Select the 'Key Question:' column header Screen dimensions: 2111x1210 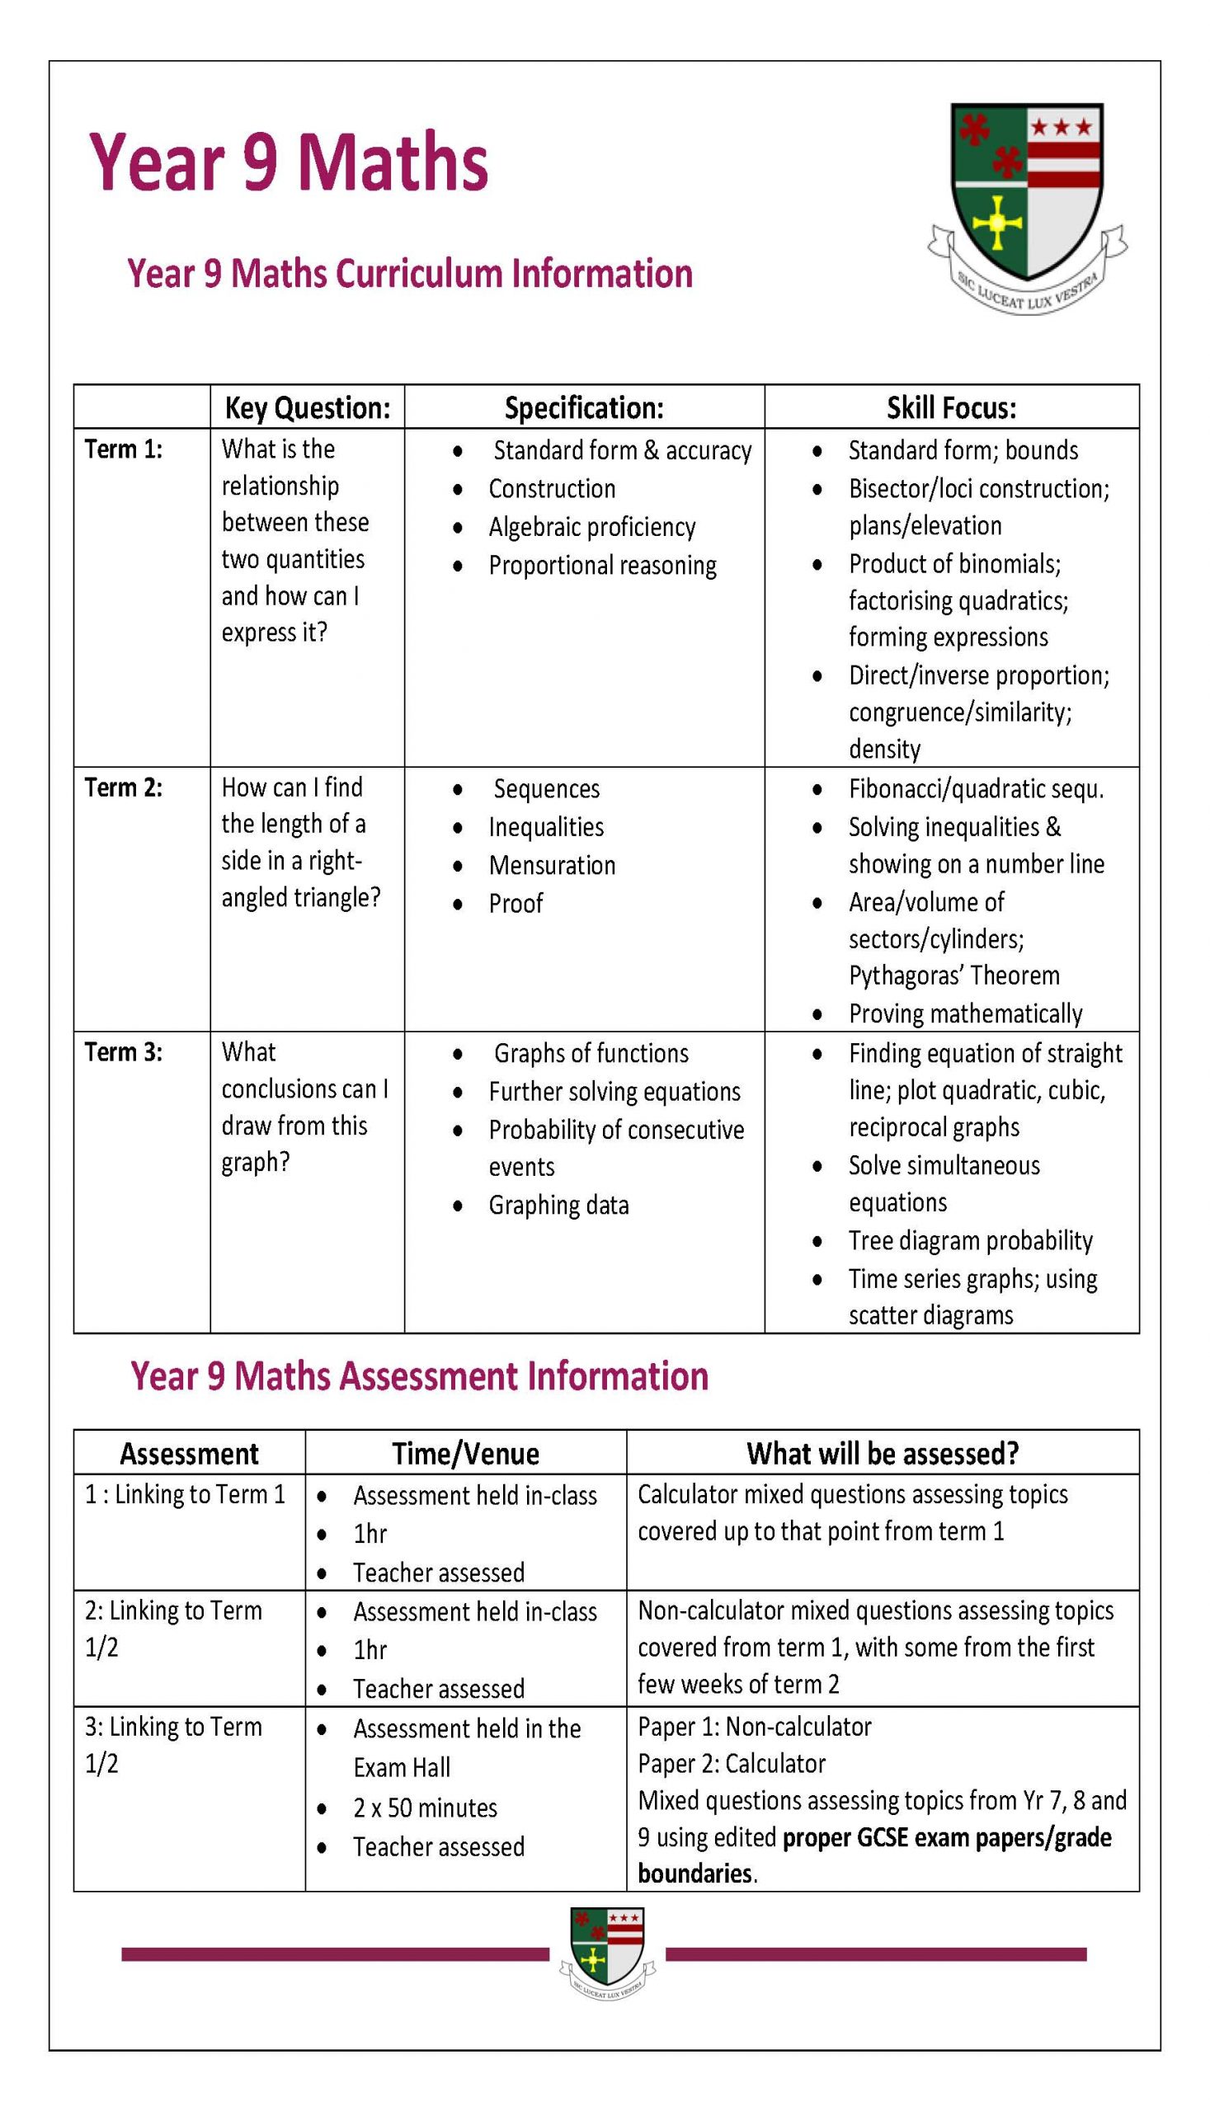point(307,407)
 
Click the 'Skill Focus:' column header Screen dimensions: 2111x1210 point(951,407)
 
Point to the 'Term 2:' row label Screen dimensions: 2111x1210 point(123,787)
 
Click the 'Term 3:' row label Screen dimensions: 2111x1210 point(123,1051)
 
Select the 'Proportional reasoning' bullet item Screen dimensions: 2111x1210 point(601,565)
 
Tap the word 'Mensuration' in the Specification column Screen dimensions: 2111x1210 point(552,865)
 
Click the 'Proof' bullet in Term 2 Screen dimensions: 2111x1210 point(516,903)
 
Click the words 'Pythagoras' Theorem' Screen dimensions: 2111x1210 point(953,976)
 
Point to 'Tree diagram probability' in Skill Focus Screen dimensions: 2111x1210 point(970,1240)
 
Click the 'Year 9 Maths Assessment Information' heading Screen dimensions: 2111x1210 point(419,1376)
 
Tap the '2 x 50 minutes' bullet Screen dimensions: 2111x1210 point(425,1808)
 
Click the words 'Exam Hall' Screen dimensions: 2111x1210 point(402,1767)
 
